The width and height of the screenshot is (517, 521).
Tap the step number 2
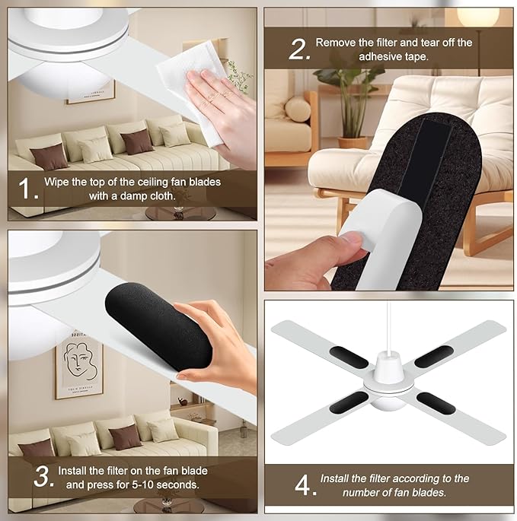[x=298, y=49]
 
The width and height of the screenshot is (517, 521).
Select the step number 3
[x=43, y=476]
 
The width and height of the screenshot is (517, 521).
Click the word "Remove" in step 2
[x=333, y=43]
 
